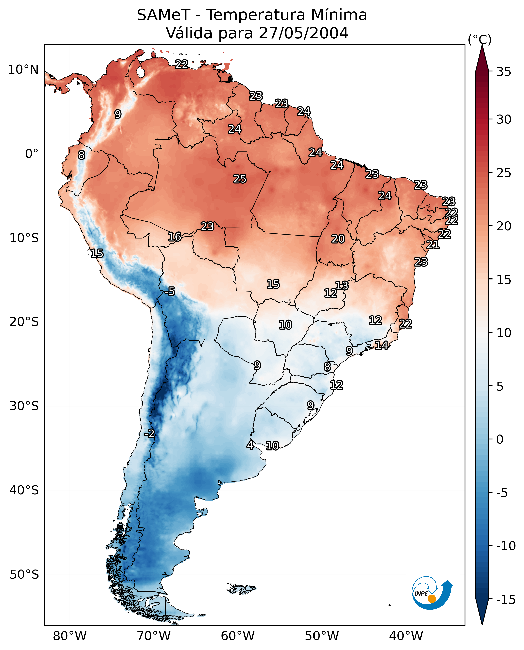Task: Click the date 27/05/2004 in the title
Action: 303,33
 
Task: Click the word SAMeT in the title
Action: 164,15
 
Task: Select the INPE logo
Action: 432,593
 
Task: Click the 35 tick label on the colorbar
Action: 504,72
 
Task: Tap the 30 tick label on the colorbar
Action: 504,120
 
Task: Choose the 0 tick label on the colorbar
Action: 500,439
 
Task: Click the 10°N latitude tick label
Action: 23,70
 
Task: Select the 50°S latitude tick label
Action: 24,574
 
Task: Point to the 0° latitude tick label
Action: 32,154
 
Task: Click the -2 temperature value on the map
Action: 149,434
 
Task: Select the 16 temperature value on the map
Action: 175,237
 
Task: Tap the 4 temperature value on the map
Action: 250,445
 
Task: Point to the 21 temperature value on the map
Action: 433,245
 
